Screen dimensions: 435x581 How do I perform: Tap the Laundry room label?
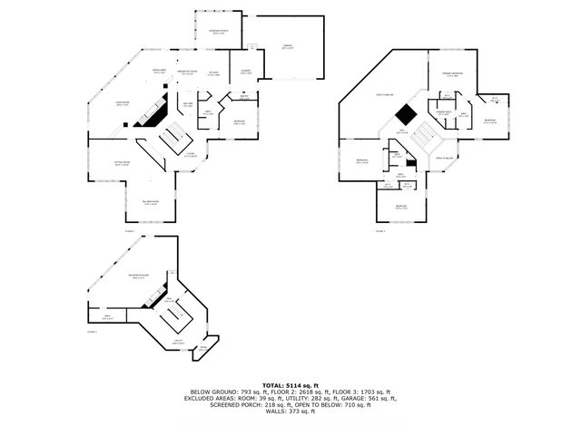click(246, 72)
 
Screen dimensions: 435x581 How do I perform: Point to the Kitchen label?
click(214, 73)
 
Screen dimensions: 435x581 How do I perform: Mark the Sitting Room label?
click(122, 164)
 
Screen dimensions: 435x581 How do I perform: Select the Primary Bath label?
click(463, 115)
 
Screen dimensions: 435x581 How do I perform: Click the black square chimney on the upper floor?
click(406, 114)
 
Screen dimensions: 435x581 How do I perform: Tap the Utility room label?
click(179, 343)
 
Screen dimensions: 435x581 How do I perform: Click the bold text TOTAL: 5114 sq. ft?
click(290, 385)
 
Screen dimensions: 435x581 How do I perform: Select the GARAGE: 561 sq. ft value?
click(372, 398)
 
